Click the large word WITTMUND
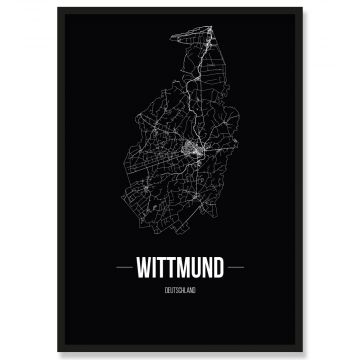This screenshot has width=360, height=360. [180, 269]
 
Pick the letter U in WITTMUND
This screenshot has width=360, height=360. [196, 269]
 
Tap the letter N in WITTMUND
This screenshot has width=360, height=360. [208, 269]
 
